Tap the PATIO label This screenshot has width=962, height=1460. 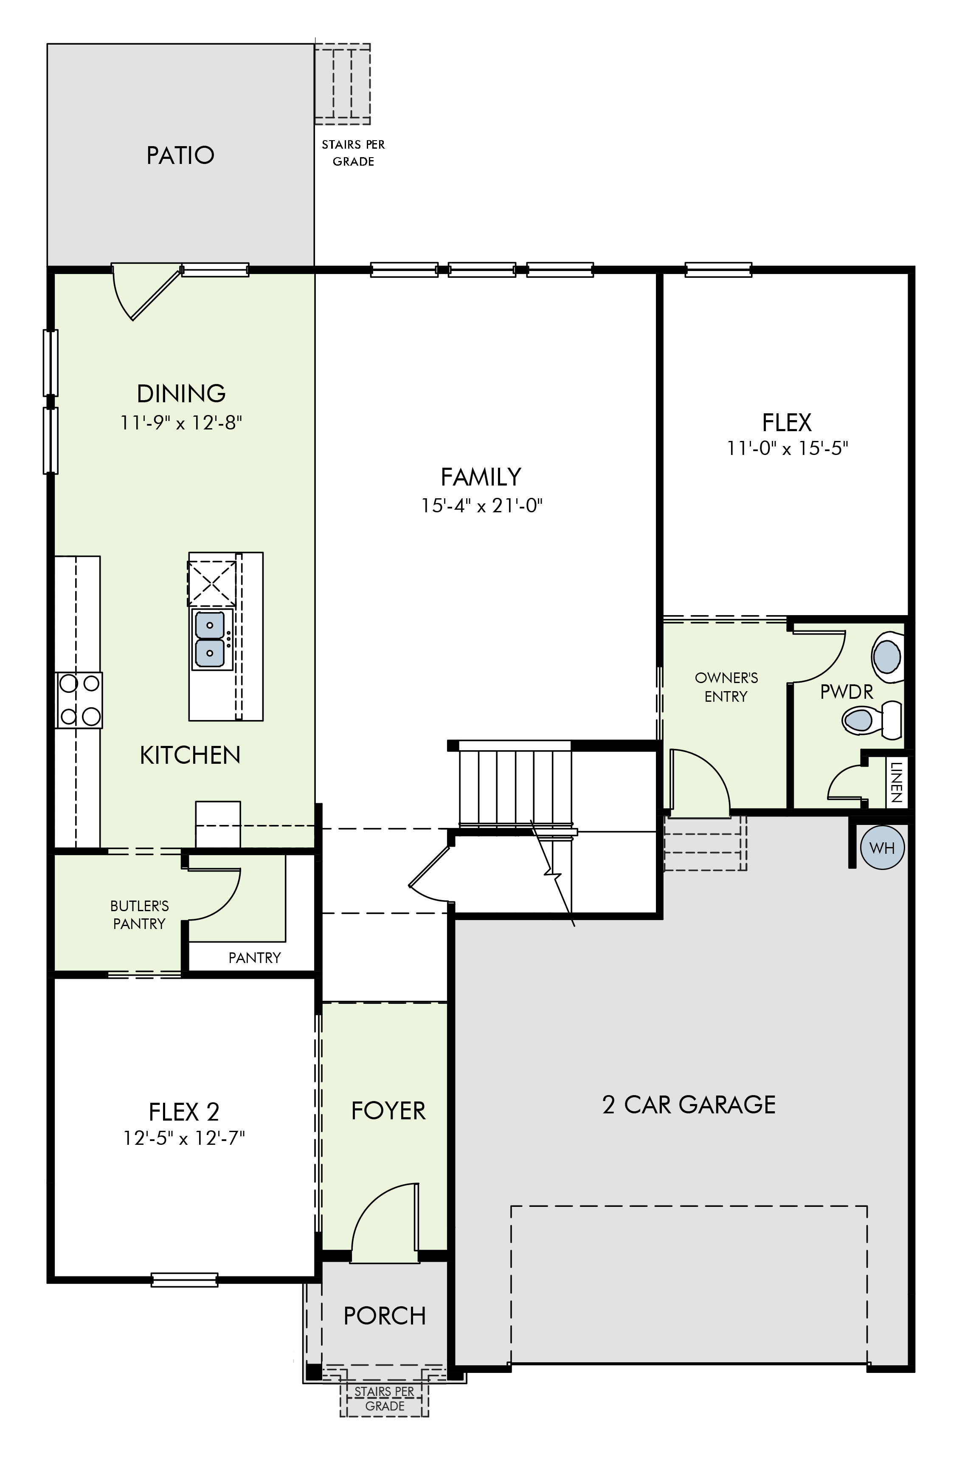(180, 155)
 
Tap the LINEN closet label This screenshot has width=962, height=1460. (896, 782)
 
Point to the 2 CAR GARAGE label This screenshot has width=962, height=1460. (689, 1105)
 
